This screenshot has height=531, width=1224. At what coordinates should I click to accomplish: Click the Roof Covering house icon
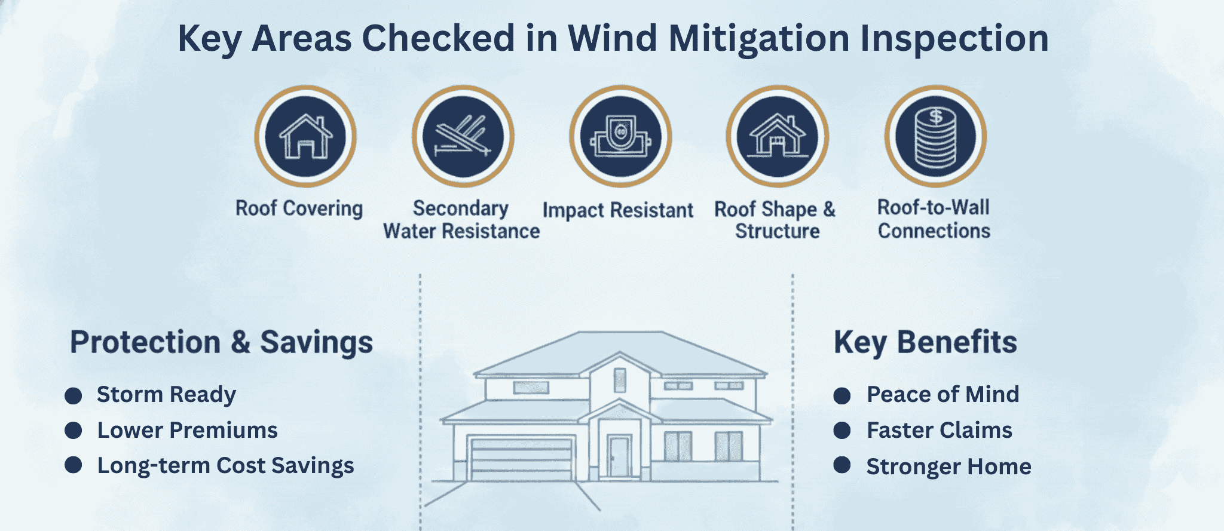(x=305, y=136)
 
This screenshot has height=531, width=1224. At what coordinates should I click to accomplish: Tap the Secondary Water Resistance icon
(x=463, y=136)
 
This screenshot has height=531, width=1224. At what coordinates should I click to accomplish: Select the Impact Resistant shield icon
(x=620, y=136)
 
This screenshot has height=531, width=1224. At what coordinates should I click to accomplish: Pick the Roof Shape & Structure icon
(x=777, y=136)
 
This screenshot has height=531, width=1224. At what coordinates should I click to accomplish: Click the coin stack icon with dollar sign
(x=935, y=136)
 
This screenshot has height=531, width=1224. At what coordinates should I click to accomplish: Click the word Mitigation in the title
(x=758, y=38)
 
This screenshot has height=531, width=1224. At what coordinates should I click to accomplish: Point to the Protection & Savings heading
(x=221, y=342)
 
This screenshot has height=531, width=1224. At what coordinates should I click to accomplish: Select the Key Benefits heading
(x=925, y=342)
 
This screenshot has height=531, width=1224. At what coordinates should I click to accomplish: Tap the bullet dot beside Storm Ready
(x=74, y=395)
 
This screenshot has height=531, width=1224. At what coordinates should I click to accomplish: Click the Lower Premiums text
(x=187, y=430)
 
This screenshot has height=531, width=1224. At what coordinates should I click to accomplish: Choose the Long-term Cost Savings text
(x=225, y=465)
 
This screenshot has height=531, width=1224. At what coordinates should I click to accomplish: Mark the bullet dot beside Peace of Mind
(x=842, y=395)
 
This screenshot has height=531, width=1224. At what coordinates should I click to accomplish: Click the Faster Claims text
(x=939, y=430)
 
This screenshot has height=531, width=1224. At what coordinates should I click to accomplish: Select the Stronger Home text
(x=948, y=466)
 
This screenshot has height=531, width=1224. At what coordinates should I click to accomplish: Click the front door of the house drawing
(x=619, y=457)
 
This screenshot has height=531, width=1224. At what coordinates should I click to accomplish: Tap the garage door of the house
(x=521, y=460)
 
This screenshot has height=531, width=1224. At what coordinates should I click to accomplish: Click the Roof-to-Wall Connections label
(x=934, y=219)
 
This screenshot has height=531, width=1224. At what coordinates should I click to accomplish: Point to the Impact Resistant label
(x=617, y=210)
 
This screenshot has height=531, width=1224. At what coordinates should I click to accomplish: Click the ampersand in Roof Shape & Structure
(x=829, y=209)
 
